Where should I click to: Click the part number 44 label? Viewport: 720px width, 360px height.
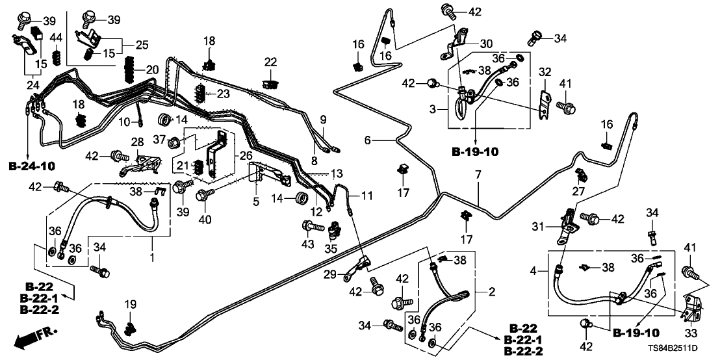tap(56, 36)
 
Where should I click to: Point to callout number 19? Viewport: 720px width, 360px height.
tap(130, 303)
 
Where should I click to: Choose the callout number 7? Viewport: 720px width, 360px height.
tap(478, 175)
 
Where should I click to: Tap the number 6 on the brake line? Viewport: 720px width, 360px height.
tap(367, 140)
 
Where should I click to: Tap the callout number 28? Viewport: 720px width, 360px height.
tap(137, 142)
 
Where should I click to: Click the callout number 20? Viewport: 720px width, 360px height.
tap(151, 70)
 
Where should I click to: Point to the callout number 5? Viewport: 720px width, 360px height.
tap(255, 202)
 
